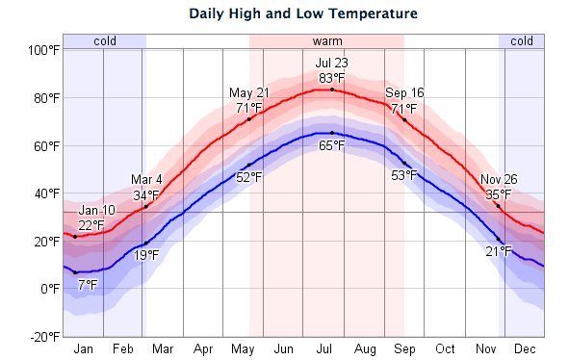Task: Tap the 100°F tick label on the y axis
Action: (42, 50)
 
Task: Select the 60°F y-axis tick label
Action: (44, 145)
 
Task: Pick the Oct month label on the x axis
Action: (445, 348)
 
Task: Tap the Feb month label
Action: (124, 348)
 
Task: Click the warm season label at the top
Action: (326, 41)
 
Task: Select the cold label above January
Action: (104, 41)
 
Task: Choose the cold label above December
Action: (522, 41)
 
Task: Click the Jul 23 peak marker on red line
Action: (332, 90)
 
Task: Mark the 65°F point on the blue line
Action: (332, 133)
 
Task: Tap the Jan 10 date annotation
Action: (96, 210)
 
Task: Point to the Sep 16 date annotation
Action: (405, 92)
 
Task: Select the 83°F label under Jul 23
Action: (332, 78)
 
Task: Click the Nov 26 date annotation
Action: (499, 179)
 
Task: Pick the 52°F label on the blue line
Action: (249, 176)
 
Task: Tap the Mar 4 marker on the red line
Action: (145, 207)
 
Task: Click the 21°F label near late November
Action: (499, 251)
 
